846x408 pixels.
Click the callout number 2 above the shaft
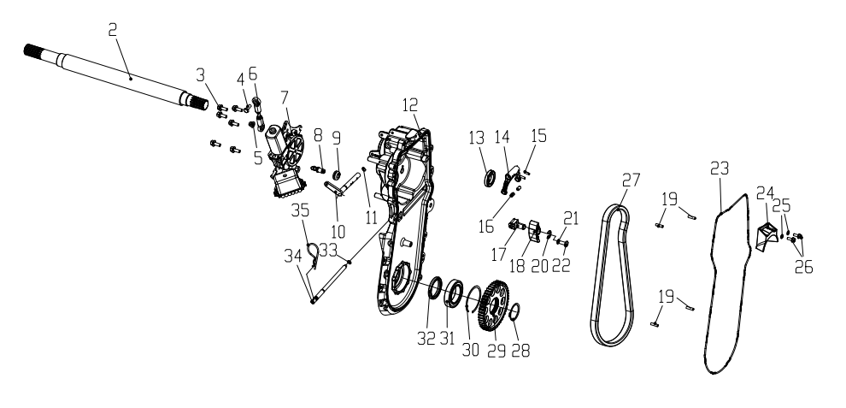click(112, 30)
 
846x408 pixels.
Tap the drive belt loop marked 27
click(611, 276)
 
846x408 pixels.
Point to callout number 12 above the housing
click(410, 104)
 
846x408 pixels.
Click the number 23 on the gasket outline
click(720, 169)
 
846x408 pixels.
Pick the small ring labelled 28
click(514, 311)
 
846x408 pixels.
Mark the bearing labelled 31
click(453, 293)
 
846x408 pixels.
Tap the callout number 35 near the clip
click(300, 210)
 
